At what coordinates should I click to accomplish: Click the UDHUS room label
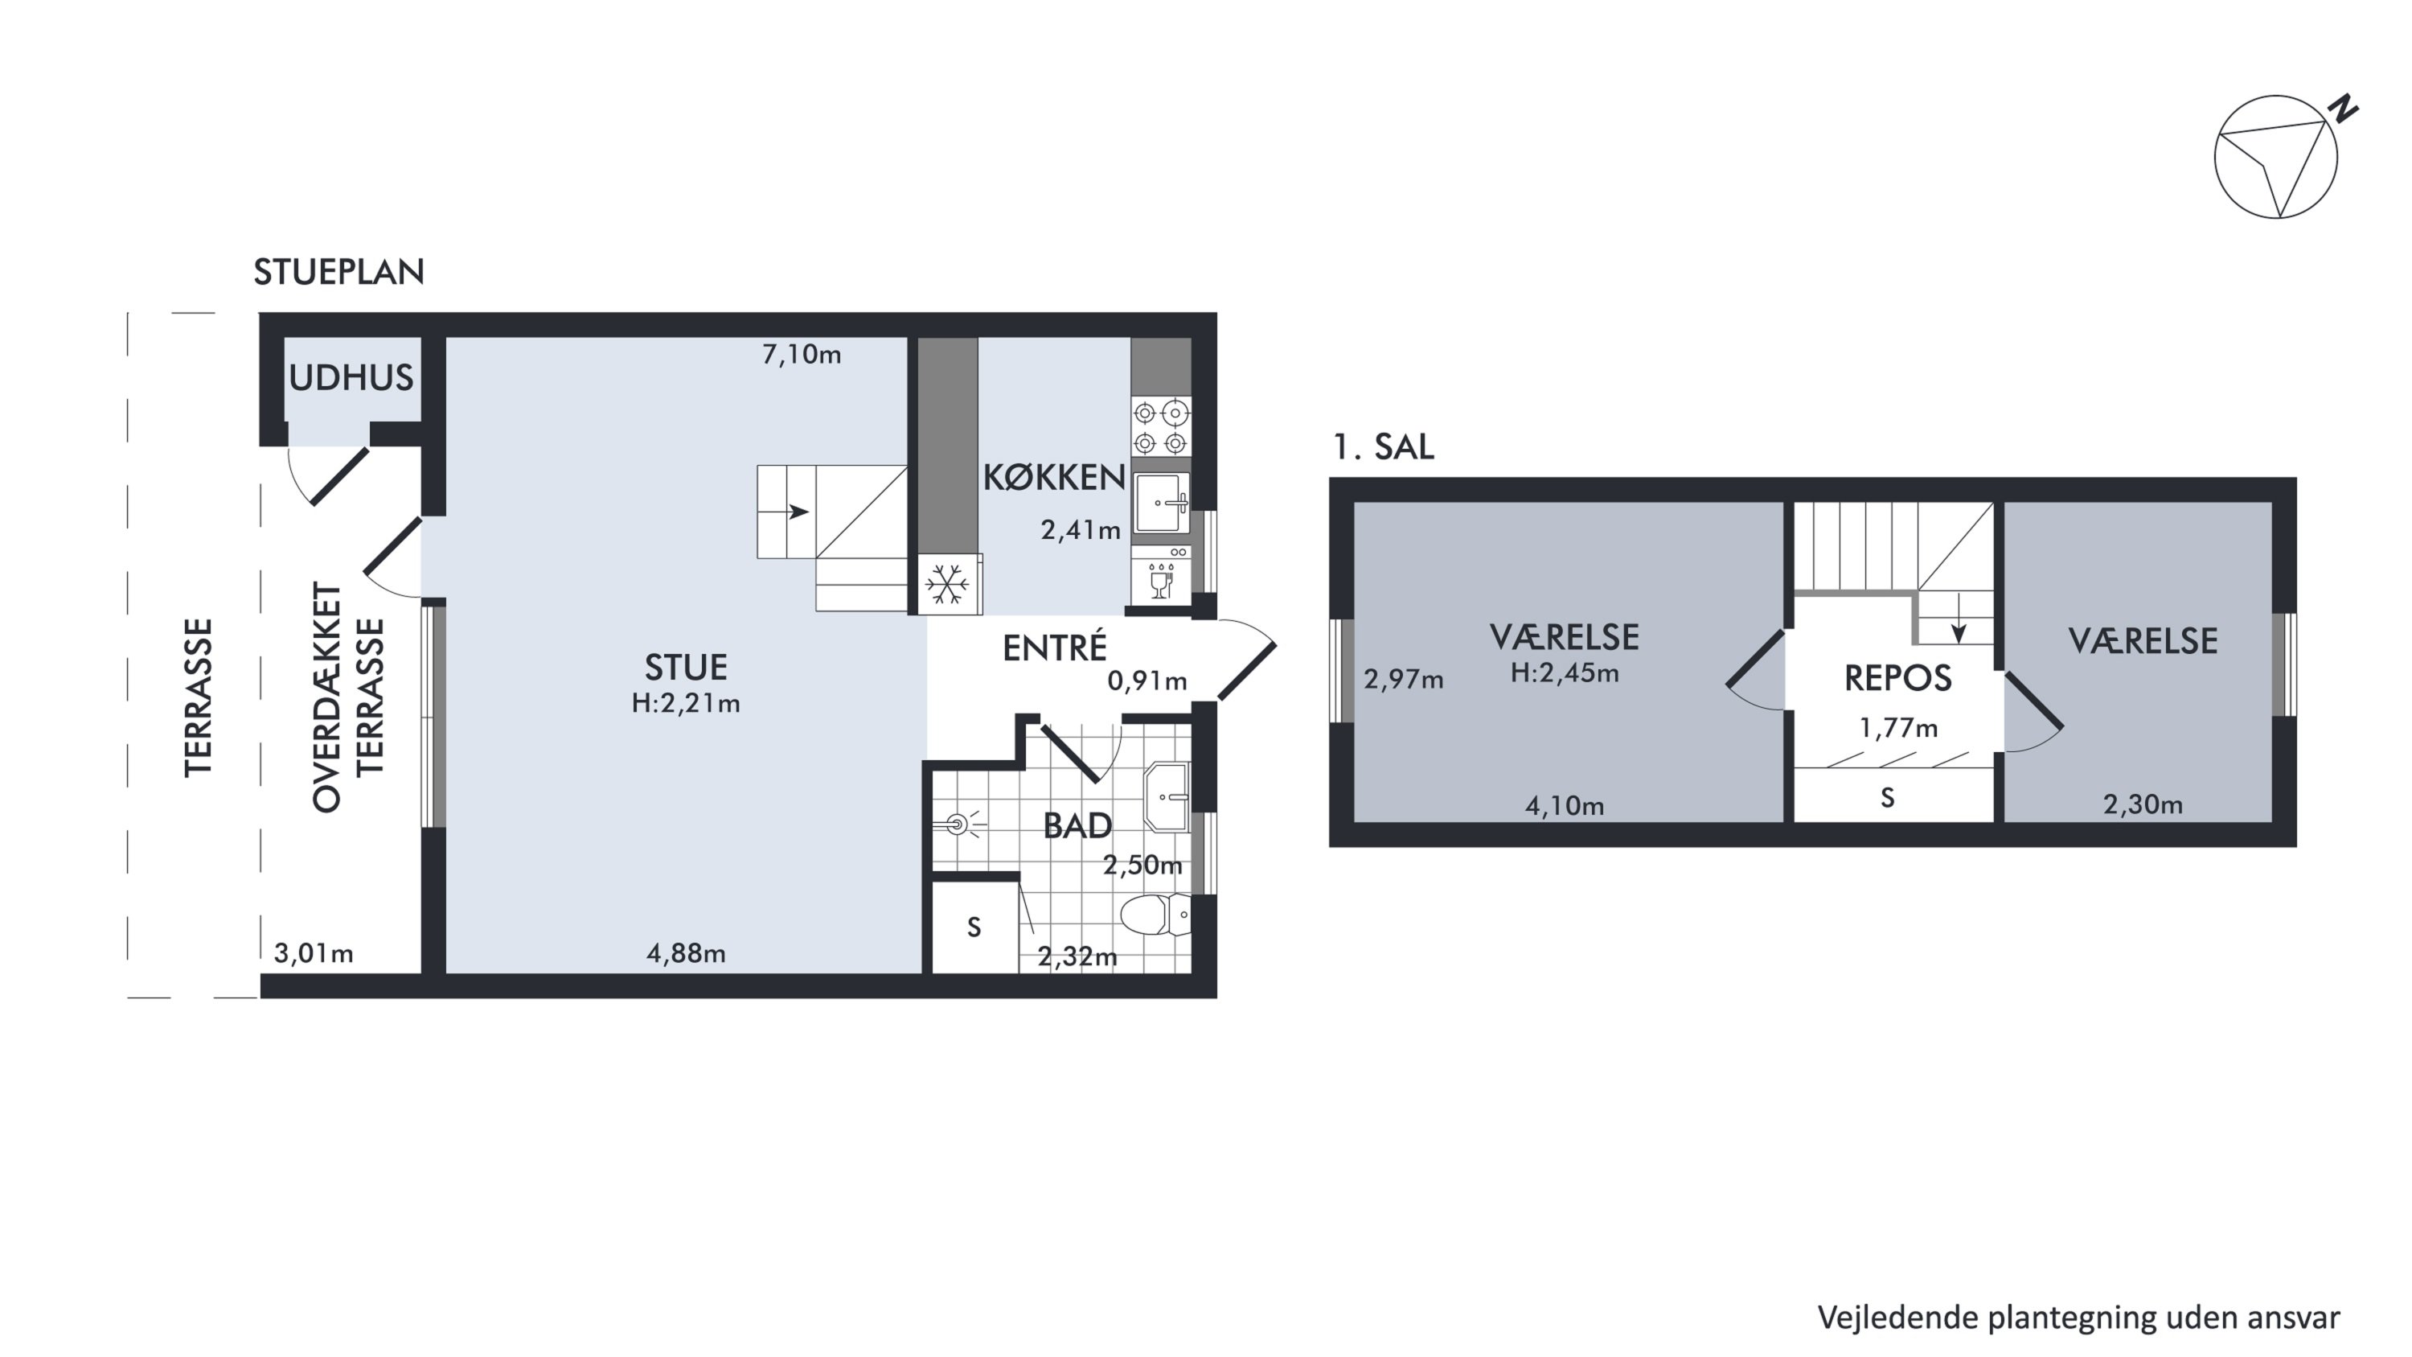click(x=351, y=377)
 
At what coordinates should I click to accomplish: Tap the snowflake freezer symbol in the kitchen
click(x=948, y=584)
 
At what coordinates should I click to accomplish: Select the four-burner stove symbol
click(x=1160, y=427)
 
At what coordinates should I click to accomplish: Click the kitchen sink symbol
click(x=1160, y=503)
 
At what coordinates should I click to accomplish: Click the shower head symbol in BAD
click(x=958, y=825)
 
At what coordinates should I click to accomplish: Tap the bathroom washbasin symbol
click(x=1167, y=797)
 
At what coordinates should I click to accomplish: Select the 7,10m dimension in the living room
click(x=802, y=355)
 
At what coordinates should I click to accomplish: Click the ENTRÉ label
click(x=1054, y=647)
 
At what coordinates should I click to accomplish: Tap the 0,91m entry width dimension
click(x=1147, y=681)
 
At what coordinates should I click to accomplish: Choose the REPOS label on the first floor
click(x=1898, y=678)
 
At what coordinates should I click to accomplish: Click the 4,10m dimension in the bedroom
click(x=1565, y=805)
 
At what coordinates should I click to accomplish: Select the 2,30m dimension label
click(x=2143, y=804)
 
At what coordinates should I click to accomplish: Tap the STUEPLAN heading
click(x=339, y=272)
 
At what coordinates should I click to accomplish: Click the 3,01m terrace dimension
click(x=314, y=953)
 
